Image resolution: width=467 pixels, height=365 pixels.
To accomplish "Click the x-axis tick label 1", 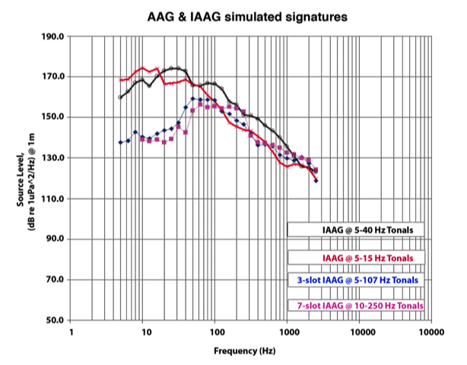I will [x=71, y=332].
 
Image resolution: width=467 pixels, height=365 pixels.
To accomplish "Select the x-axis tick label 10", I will [x=143, y=332].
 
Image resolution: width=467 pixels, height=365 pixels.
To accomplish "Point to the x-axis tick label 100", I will [x=215, y=332].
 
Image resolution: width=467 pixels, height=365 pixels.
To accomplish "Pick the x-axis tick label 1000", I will [x=288, y=332].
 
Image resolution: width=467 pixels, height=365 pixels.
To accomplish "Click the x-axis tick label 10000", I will [x=360, y=332].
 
